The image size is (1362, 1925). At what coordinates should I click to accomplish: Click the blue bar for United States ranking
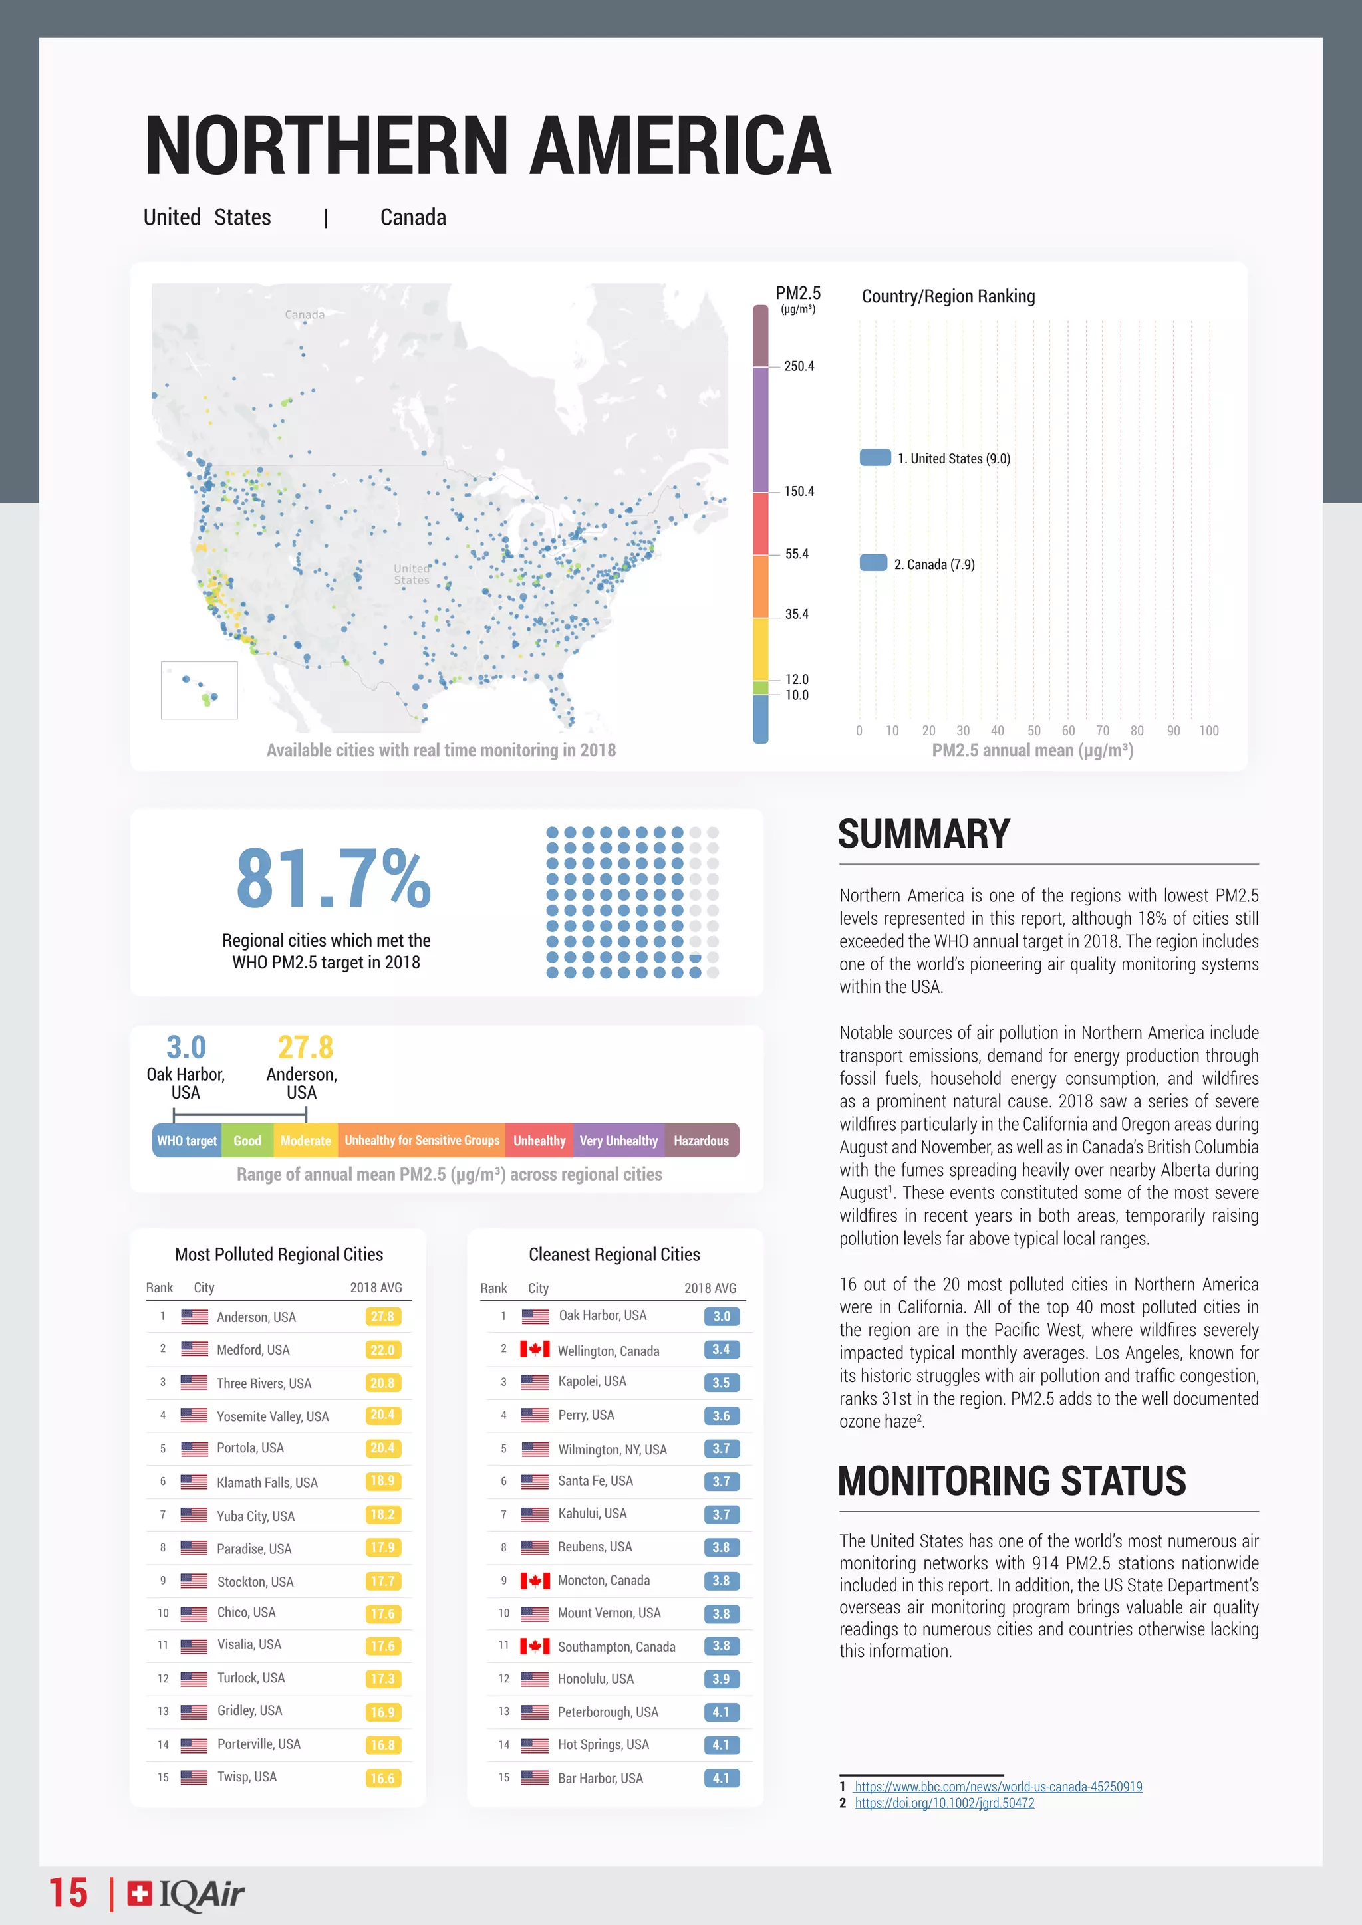(875, 458)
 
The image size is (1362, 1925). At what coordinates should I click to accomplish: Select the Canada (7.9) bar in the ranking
(873, 562)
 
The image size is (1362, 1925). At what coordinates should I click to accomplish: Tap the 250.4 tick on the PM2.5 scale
(799, 366)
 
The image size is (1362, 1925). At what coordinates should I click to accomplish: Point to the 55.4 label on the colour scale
(797, 554)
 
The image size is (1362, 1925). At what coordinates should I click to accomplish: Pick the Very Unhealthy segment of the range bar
(619, 1140)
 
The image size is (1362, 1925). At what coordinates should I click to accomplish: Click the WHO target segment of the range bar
(187, 1140)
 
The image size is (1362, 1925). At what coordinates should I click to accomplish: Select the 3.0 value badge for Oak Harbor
(722, 1316)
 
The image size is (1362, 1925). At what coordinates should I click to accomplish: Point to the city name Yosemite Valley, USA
(273, 1416)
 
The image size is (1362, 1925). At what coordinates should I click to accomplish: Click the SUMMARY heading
(923, 834)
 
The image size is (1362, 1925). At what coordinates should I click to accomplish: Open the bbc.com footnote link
(998, 1787)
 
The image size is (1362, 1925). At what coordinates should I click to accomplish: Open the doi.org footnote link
(944, 1803)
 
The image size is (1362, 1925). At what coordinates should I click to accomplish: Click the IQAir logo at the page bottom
(186, 1893)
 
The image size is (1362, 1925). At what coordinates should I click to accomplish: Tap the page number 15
(68, 1893)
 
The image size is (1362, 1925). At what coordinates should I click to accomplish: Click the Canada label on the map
(305, 314)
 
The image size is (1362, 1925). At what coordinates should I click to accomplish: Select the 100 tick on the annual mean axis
(1208, 731)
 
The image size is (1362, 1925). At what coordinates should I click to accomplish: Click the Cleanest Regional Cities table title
(614, 1254)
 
